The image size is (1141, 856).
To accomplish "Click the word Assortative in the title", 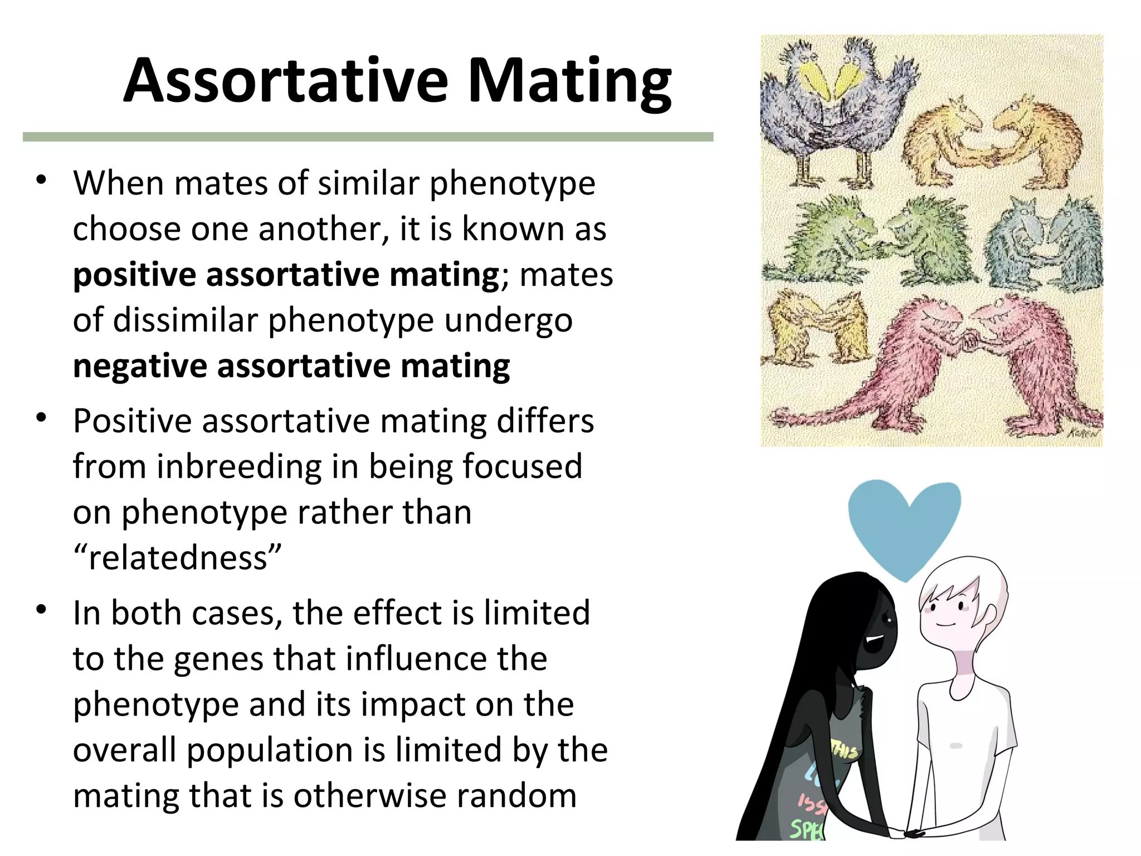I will [x=285, y=81].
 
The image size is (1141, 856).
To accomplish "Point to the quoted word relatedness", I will [x=177, y=558].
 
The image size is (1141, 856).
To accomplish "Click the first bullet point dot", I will [x=41, y=181].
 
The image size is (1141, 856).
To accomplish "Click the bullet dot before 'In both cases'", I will [x=41, y=610].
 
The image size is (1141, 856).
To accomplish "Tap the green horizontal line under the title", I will [x=368, y=137].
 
